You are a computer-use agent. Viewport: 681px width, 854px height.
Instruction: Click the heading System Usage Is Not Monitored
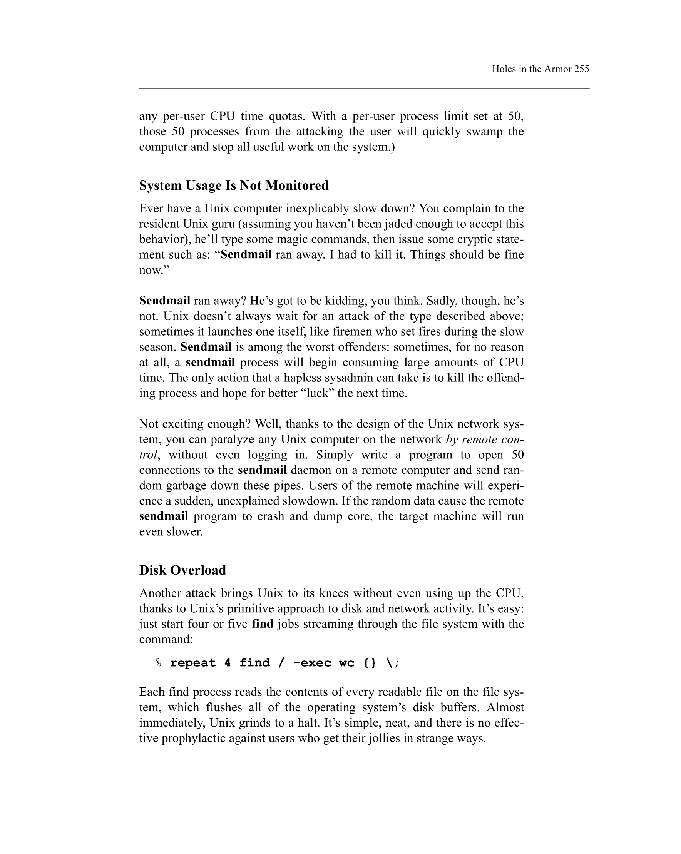[234, 186]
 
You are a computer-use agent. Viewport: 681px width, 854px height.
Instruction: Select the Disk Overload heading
[182, 570]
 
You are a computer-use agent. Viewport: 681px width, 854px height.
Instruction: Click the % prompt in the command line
[159, 663]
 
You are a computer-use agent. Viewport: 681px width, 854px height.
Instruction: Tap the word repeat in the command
[193, 663]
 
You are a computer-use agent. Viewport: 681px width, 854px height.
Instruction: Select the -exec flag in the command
[312, 663]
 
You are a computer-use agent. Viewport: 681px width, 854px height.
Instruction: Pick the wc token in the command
[346, 663]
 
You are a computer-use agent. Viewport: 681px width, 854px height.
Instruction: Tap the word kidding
[346, 301]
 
